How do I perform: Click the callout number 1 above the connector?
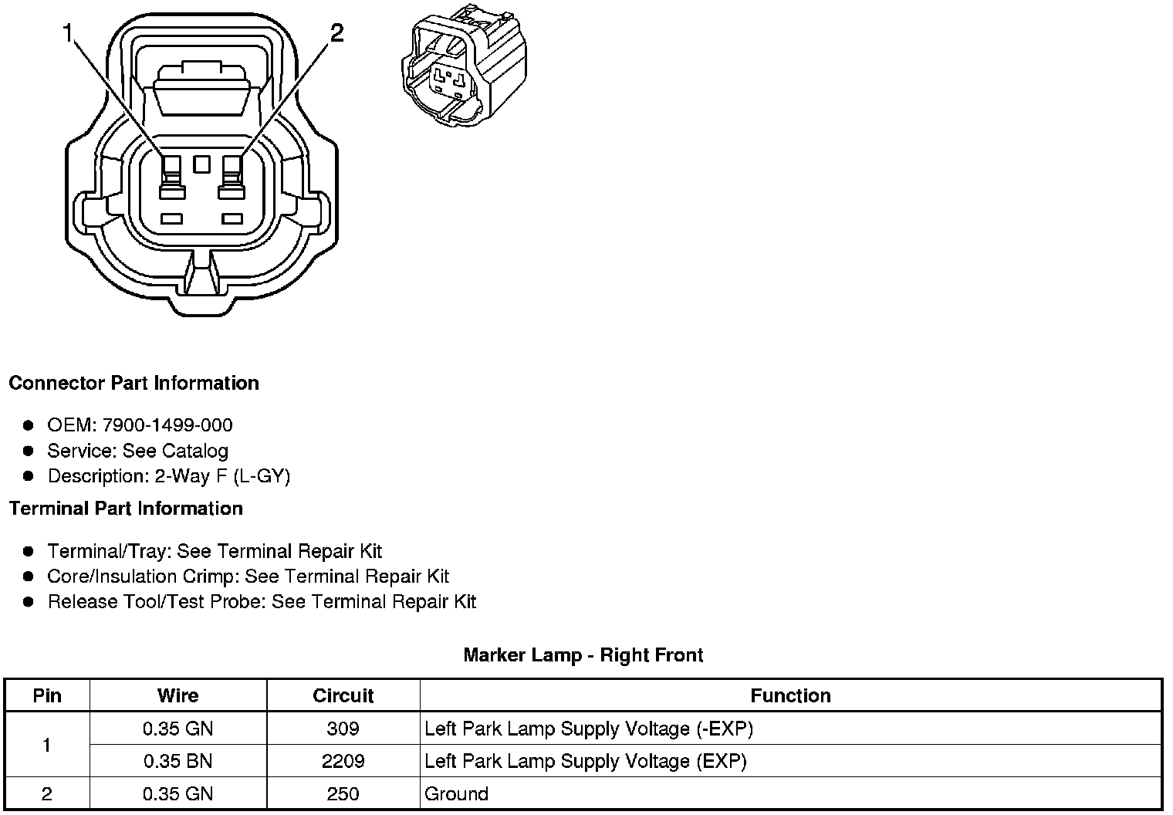click(69, 33)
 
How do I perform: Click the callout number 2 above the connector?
click(336, 33)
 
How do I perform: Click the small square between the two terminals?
click(202, 164)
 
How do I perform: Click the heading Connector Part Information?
click(134, 384)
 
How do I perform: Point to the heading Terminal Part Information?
click(126, 509)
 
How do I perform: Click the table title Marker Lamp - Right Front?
click(583, 655)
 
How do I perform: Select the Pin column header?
click(47, 695)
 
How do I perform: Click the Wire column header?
click(177, 695)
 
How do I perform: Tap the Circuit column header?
click(343, 695)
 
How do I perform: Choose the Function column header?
click(790, 695)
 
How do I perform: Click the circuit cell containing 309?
click(343, 729)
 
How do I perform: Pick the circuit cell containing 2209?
click(343, 762)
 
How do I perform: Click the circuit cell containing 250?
click(343, 794)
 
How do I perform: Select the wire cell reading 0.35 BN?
click(177, 762)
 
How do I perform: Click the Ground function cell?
click(457, 794)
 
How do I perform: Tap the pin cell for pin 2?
click(47, 794)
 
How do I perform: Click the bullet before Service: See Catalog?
click(29, 451)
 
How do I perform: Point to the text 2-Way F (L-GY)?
click(222, 476)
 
